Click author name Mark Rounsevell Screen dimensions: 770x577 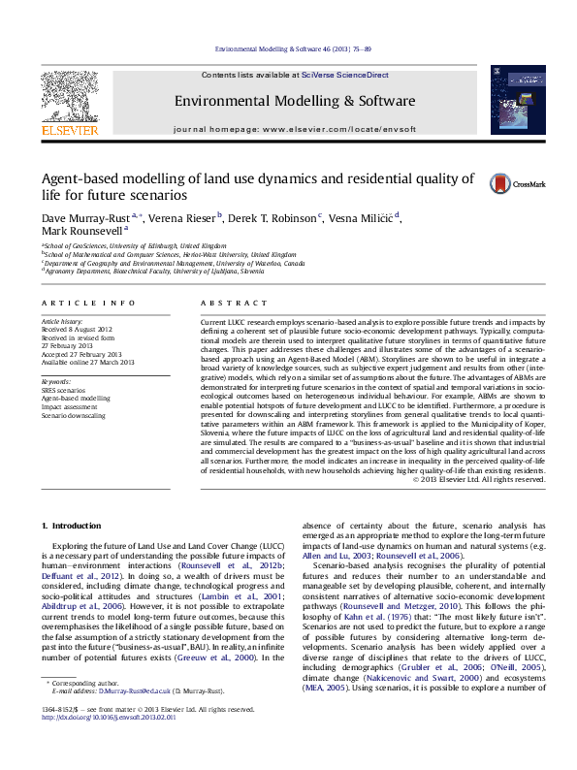[x=81, y=232]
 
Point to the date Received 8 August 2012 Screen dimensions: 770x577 [x=79, y=328]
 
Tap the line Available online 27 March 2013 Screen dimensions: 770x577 [x=86, y=363]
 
